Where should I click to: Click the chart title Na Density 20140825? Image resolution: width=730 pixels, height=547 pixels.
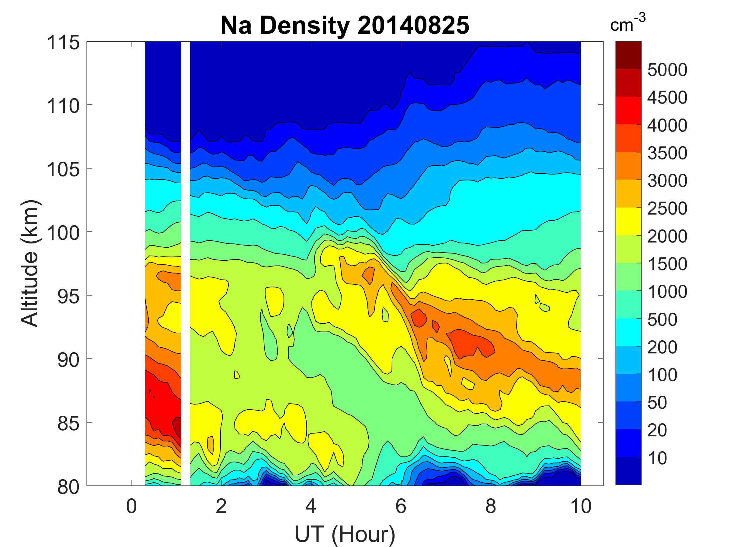coord(345,26)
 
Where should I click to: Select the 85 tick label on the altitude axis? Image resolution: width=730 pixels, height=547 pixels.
coord(68,424)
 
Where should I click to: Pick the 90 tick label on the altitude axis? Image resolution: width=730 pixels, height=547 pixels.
coord(68,360)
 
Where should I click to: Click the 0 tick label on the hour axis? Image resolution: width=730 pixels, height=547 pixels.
coord(131,506)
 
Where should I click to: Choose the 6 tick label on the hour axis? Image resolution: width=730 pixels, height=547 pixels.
coord(401,506)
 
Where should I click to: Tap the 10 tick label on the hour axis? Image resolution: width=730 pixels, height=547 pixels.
coord(581,506)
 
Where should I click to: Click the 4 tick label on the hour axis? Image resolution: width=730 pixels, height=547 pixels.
coord(311,506)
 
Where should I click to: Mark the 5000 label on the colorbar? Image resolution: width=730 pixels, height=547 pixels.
coord(667,70)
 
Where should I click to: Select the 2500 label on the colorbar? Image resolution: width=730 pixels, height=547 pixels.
coord(667,209)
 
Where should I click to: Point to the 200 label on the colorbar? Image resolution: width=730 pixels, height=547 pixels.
coord(662,347)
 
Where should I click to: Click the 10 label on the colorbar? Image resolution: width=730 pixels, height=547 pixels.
coord(657,458)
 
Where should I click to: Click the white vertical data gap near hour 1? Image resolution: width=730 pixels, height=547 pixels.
coord(186,264)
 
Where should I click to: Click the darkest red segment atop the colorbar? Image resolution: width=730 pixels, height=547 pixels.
coord(628,55)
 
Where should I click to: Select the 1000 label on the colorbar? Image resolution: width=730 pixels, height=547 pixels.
coord(667,292)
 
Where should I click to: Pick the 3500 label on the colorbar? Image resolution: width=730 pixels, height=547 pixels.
coord(667,153)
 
